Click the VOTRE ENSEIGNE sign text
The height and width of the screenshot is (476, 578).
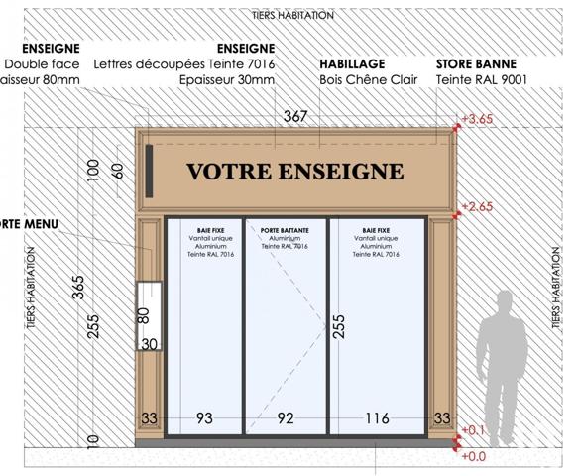(x=295, y=171)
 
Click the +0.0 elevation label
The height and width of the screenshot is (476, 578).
(x=475, y=456)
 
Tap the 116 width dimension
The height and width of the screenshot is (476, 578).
(x=377, y=418)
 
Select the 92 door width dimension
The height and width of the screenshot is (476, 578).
(x=286, y=418)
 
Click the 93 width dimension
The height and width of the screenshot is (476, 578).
(x=204, y=418)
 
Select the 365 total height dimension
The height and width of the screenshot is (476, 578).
(x=77, y=295)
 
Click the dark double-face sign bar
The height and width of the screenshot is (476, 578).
(x=148, y=170)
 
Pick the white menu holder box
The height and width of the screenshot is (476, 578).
(x=150, y=316)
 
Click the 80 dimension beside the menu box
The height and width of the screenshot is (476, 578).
(x=143, y=316)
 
